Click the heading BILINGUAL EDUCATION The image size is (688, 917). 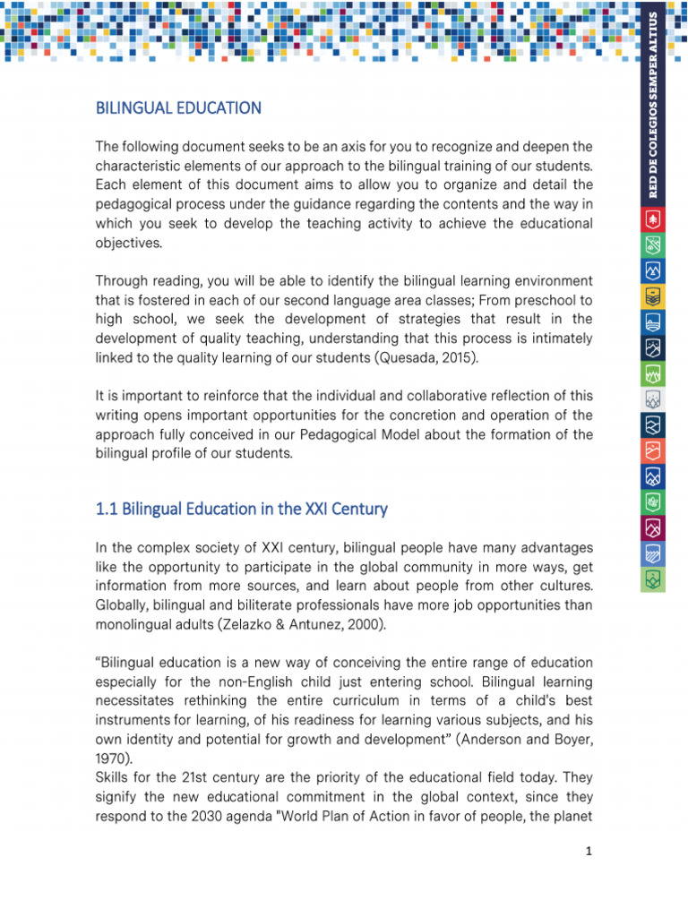[178, 108]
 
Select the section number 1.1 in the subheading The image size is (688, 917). [107, 509]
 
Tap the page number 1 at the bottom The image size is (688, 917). [589, 852]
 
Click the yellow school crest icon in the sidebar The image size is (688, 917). [653, 296]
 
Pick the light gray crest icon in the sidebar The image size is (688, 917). [653, 399]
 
